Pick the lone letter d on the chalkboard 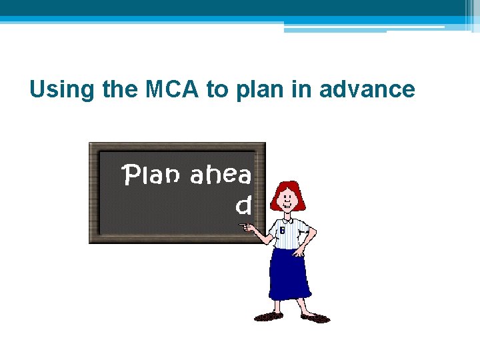click(244, 206)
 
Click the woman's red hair click(288, 191)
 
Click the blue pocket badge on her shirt click(282, 230)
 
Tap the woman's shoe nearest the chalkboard click(268, 316)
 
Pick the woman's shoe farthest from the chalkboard click(316, 318)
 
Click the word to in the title click(217, 89)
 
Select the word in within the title click(301, 89)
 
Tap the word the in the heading click(118, 89)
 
